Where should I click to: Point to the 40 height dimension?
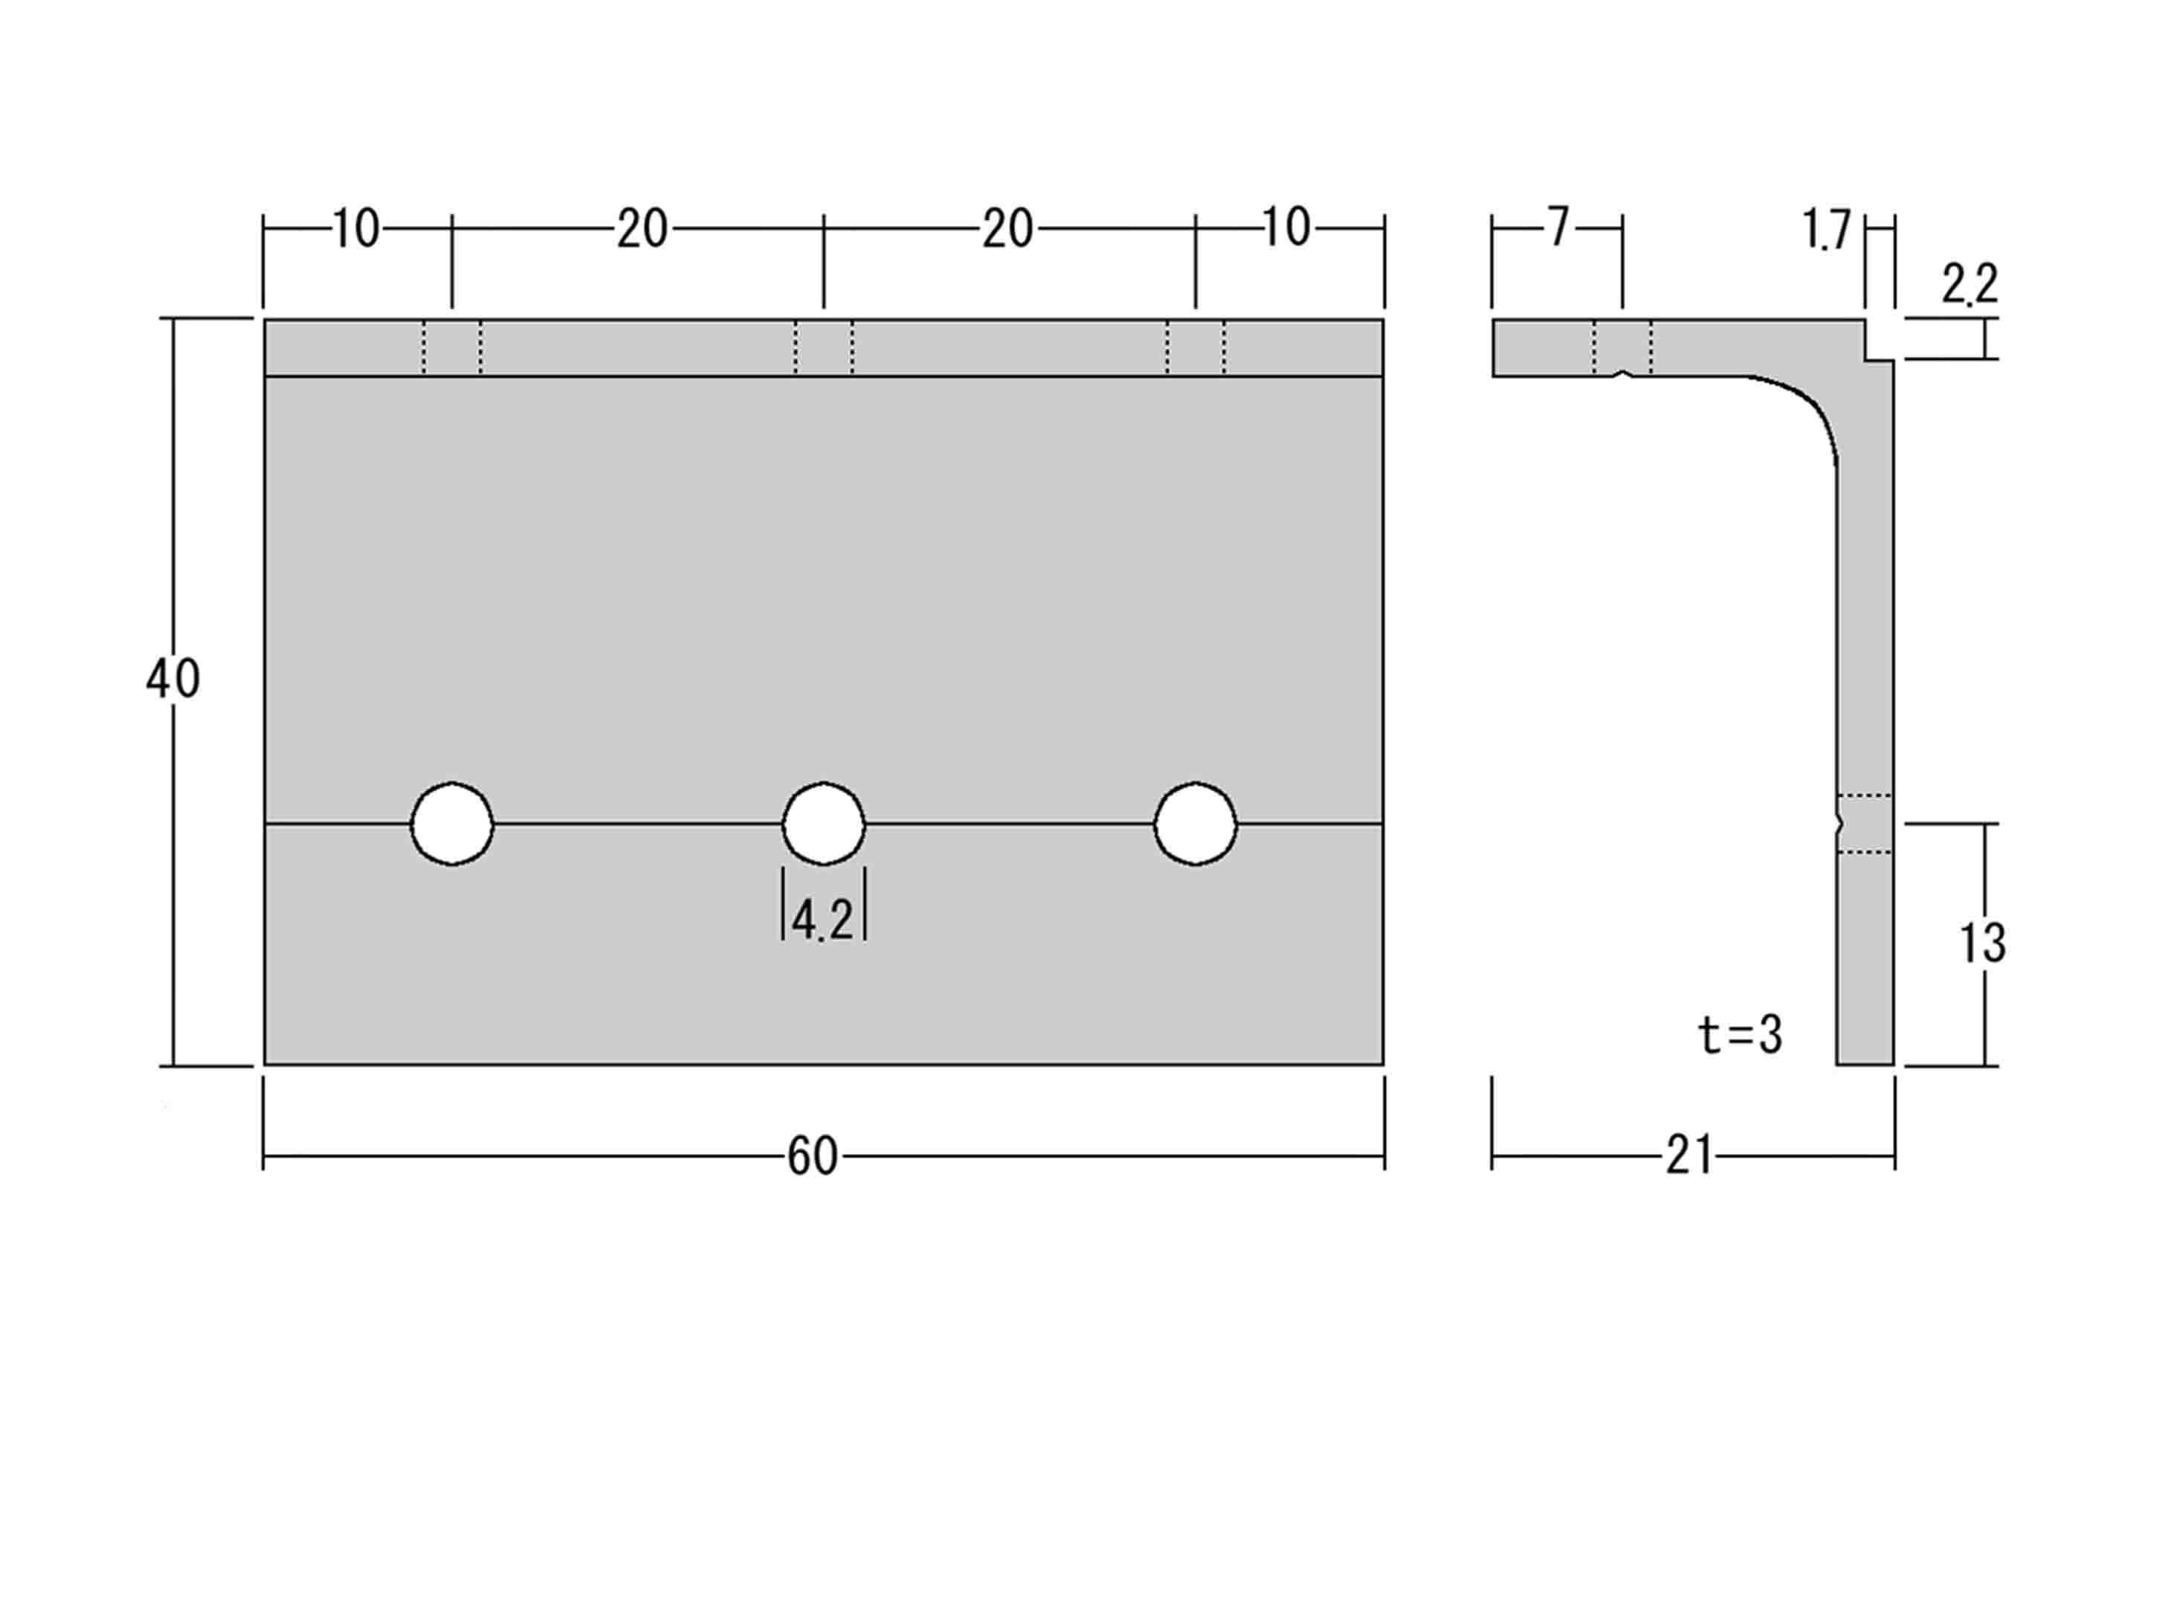[173, 679]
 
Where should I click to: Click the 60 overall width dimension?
[812, 1157]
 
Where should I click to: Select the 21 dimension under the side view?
[1690, 1157]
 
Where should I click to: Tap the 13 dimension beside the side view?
[1982, 943]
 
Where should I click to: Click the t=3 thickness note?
[1740, 1034]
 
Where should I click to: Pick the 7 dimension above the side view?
[1559, 228]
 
